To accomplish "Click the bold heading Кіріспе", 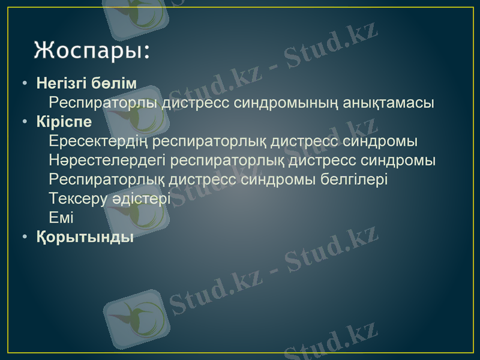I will tap(64, 122).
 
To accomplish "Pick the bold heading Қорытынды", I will tap(85, 237).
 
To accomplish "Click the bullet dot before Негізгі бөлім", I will tap(24, 83).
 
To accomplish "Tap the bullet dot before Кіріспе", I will tap(24, 122).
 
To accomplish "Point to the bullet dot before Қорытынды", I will tap(24, 238).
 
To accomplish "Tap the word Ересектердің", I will tap(99, 142).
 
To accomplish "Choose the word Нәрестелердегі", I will tap(107, 161).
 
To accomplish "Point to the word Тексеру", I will tap(75, 199).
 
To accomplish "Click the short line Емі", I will tap(61, 218).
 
